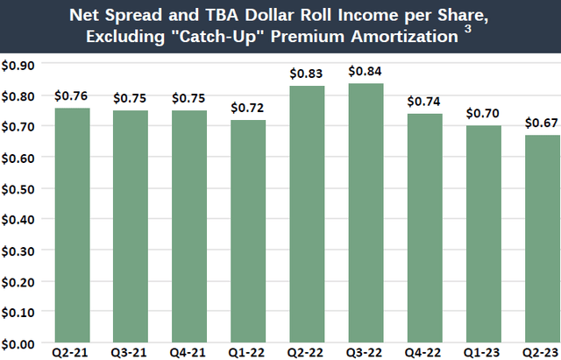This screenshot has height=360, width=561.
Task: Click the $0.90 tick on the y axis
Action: [18, 65]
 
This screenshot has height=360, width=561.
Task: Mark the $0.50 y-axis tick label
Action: [18, 188]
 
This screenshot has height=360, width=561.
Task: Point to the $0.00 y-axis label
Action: [18, 342]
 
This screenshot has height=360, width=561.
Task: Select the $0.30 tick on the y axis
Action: [18, 251]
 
